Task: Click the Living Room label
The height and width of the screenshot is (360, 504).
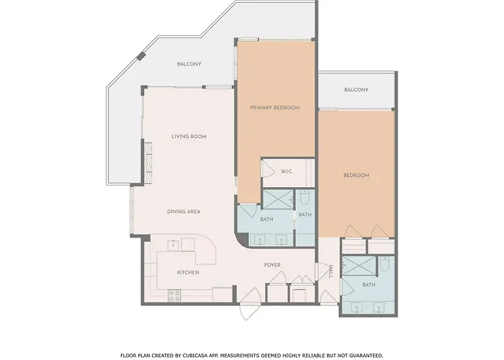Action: click(189, 137)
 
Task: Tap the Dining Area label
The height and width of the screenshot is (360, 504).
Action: click(184, 212)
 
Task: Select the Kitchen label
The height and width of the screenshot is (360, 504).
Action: click(188, 273)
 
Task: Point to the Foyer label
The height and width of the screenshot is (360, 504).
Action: click(272, 265)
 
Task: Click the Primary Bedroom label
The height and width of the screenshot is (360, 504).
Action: click(275, 108)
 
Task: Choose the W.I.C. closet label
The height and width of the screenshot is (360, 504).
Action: click(287, 171)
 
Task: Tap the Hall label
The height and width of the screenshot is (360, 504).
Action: click(330, 271)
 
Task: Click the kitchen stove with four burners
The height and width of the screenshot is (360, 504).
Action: click(174, 296)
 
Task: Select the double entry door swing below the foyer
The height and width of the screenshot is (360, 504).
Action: click(251, 304)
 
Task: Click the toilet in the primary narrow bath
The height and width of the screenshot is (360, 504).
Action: click(305, 197)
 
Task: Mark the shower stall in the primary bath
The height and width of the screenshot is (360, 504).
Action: click(279, 199)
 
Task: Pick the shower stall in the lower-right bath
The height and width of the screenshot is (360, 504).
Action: click(359, 266)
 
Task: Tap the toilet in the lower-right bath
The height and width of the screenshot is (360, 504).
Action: click(384, 264)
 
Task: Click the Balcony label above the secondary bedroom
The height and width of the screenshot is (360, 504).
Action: click(356, 90)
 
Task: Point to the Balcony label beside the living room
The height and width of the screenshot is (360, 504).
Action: click(189, 64)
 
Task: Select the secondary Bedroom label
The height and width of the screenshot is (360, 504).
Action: click(356, 176)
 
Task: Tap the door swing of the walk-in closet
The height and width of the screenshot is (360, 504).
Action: click(269, 168)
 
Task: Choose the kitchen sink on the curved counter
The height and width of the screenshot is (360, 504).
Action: click(174, 245)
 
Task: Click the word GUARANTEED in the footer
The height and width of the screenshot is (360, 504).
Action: click(366, 356)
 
